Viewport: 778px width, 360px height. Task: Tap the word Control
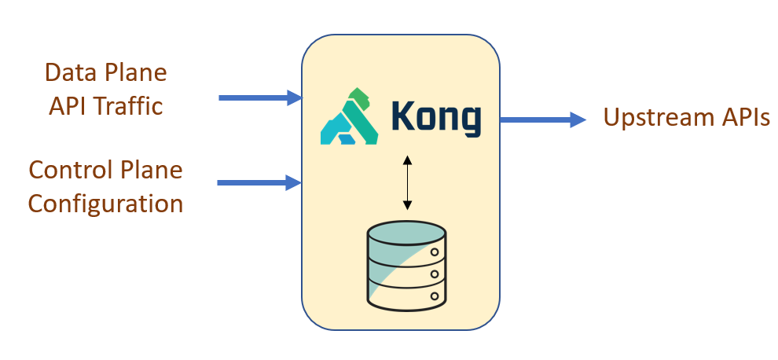point(68,170)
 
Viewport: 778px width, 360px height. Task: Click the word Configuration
point(105,204)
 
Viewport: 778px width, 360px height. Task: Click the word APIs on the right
point(741,118)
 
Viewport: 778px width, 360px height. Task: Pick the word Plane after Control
point(149,170)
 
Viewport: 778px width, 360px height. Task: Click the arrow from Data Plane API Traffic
point(259,97)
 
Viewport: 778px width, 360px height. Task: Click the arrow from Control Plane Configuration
point(259,182)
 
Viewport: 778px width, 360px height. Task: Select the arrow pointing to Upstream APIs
point(542,119)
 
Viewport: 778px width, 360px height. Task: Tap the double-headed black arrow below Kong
point(406,182)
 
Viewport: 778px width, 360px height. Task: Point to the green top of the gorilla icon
point(359,97)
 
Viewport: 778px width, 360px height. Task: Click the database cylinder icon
point(406,264)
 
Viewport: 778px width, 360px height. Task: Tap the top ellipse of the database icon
point(406,233)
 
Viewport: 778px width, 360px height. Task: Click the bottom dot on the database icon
point(434,296)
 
